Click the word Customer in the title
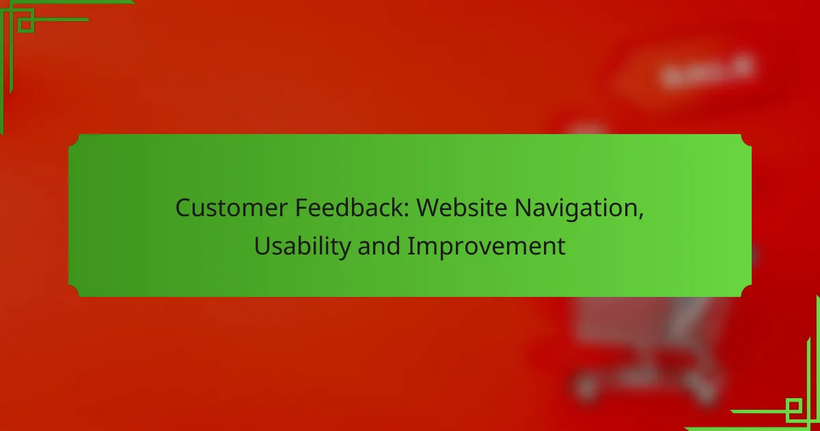click(x=232, y=208)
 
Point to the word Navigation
click(x=576, y=209)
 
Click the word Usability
click(x=302, y=247)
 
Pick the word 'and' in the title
click(x=379, y=246)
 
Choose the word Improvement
click(x=487, y=247)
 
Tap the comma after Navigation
click(x=641, y=215)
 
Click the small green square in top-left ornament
click(x=26, y=24)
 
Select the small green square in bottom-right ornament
click(x=793, y=406)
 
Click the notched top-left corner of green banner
click(x=74, y=140)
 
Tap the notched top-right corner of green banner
click(x=746, y=140)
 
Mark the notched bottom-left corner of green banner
click(x=74, y=291)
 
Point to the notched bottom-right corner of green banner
click(x=746, y=291)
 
